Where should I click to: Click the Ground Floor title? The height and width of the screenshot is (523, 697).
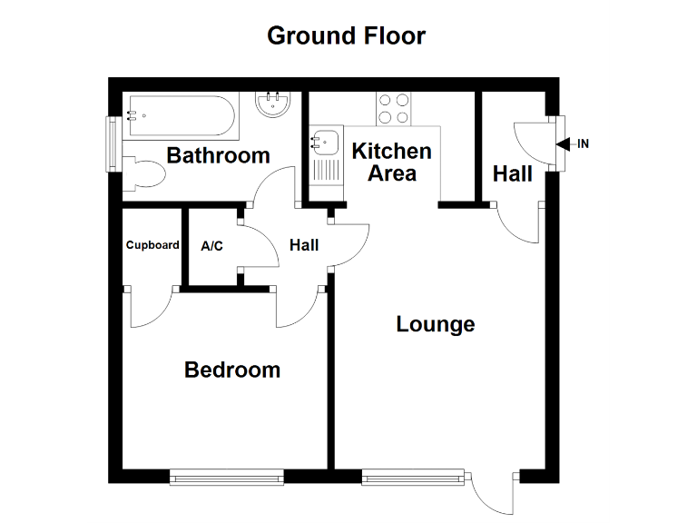click(x=346, y=36)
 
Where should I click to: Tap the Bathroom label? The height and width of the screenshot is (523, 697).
click(x=218, y=155)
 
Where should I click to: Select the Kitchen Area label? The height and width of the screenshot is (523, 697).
click(x=391, y=162)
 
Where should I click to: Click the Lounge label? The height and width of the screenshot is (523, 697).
click(x=436, y=324)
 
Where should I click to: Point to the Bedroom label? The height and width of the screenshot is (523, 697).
click(x=231, y=370)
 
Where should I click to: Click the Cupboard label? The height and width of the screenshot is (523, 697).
click(x=152, y=245)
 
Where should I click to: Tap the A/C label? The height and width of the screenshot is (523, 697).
click(x=211, y=245)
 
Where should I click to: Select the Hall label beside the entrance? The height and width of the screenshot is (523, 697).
click(x=512, y=173)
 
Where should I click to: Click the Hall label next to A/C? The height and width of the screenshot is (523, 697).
click(x=304, y=245)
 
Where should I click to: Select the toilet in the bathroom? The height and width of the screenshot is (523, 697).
click(x=145, y=173)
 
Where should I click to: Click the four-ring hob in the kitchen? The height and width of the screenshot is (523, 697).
click(x=393, y=109)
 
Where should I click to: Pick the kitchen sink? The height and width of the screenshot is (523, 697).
click(x=324, y=143)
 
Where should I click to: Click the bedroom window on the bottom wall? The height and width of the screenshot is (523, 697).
click(x=226, y=475)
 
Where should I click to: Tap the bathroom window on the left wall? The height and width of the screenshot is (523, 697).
click(x=113, y=143)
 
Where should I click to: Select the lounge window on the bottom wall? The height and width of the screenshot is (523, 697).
click(x=413, y=475)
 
